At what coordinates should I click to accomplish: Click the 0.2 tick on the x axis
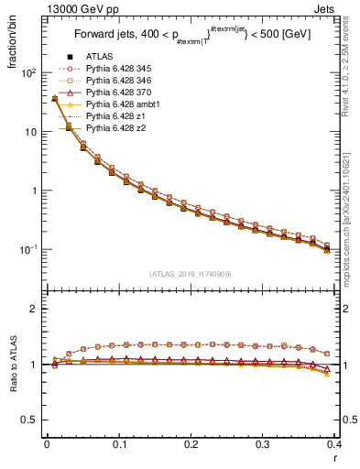pyautogui.click(x=191, y=443)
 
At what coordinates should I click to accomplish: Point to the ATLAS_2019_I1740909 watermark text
pyautogui.click(x=191, y=274)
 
